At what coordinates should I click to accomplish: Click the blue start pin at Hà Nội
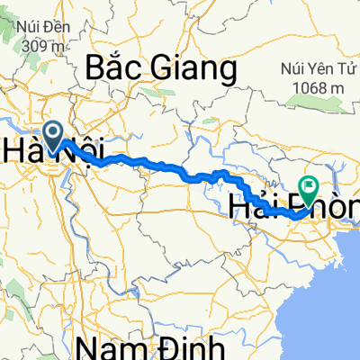(53, 136)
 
